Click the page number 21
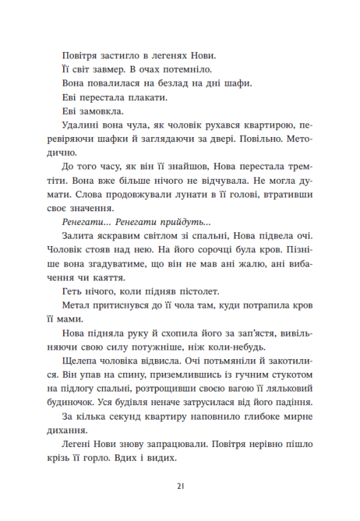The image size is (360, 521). click(x=180, y=485)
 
